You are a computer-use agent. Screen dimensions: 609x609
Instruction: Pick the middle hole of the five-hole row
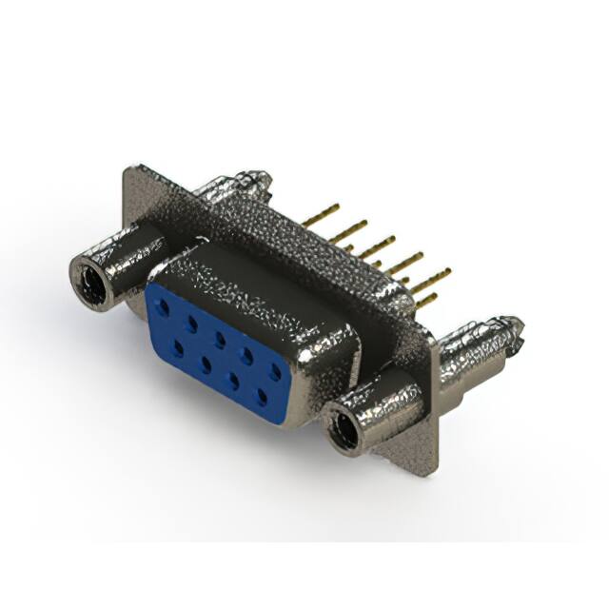(220, 339)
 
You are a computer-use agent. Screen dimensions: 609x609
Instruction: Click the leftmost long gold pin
(321, 214)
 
